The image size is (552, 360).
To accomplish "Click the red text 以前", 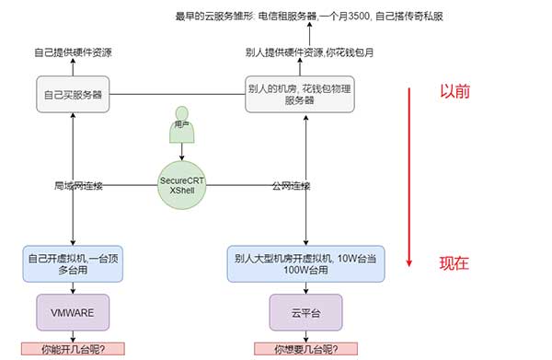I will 454,93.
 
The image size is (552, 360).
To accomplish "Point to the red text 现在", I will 454,263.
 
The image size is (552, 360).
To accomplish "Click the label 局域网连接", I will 78,186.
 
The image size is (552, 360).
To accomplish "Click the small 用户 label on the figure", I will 181,122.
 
